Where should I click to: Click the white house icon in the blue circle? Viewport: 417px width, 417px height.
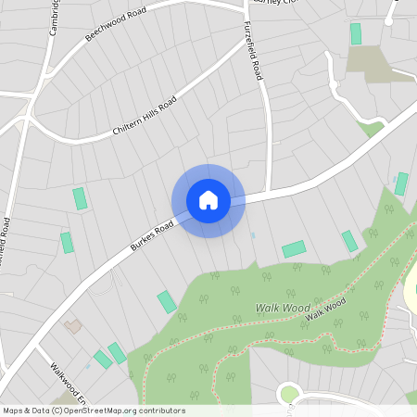(x=208, y=200)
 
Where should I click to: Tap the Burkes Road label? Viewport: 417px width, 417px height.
(x=152, y=234)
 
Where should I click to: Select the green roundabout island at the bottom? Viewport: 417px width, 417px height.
(x=289, y=395)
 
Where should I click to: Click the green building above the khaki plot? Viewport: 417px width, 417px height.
(x=356, y=34)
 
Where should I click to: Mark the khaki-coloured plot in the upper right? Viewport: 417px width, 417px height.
(x=368, y=64)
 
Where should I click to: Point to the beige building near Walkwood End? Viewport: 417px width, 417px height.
(x=72, y=326)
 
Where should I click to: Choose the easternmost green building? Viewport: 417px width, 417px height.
(x=401, y=183)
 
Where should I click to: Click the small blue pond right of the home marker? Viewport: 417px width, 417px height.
(x=252, y=235)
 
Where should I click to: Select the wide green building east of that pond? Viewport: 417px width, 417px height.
(x=294, y=248)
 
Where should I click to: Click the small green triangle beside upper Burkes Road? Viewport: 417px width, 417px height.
(x=372, y=129)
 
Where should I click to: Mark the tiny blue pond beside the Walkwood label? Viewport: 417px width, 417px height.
(x=89, y=367)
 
